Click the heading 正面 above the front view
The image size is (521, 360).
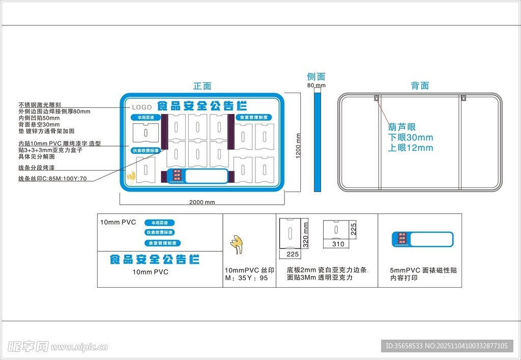pyautogui.click(x=202, y=87)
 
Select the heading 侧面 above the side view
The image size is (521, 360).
pyautogui.click(x=316, y=77)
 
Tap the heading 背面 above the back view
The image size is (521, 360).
pyautogui.click(x=420, y=86)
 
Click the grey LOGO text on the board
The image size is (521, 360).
pyautogui.click(x=142, y=107)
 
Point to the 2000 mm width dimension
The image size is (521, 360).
pyautogui.click(x=202, y=202)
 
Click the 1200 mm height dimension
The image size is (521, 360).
pyautogui.click(x=299, y=145)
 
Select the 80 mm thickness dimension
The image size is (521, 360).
pyautogui.click(x=316, y=86)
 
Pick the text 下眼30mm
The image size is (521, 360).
pyautogui.click(x=411, y=137)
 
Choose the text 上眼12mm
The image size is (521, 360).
pyautogui.click(x=411, y=148)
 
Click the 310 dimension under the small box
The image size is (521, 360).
pyautogui.click(x=338, y=244)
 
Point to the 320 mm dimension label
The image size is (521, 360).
pyautogui.click(x=306, y=234)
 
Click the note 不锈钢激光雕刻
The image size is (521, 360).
pyautogui.click(x=40, y=105)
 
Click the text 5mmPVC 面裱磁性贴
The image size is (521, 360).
pyautogui.click(x=423, y=270)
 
